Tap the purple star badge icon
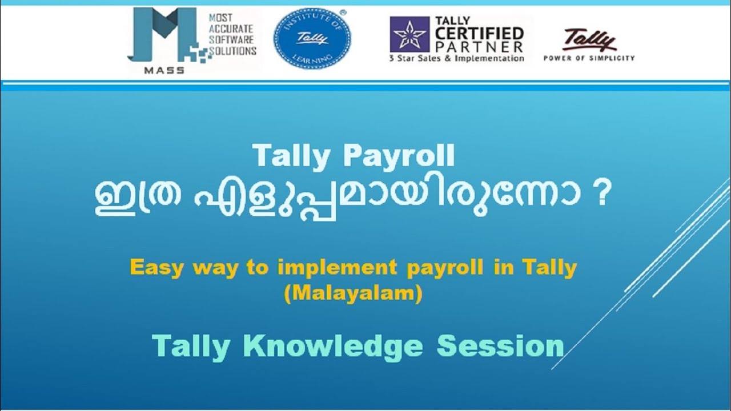(x=409, y=34)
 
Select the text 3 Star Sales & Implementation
(x=456, y=58)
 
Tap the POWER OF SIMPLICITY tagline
(x=589, y=58)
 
